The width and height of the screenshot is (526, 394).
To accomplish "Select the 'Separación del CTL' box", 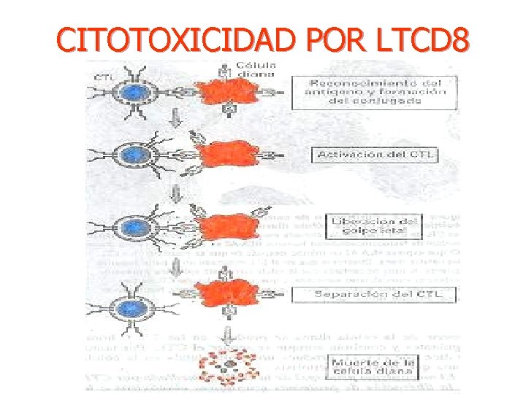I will [374, 295].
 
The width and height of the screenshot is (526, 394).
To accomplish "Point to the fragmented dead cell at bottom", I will [230, 363].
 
